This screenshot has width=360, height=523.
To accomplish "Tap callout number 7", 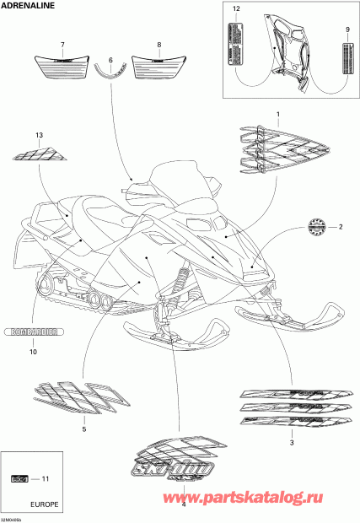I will click(x=62, y=44).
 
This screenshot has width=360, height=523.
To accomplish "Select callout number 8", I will click(x=159, y=44).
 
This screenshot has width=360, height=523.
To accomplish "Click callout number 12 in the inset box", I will click(x=236, y=8).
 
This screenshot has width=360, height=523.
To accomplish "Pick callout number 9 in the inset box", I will click(x=347, y=30).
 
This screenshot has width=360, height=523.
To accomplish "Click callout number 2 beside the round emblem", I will click(x=341, y=227).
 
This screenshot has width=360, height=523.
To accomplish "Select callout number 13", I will click(x=38, y=136).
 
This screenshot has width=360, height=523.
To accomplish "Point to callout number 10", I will click(x=33, y=352).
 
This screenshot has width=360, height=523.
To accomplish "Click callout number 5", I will click(x=83, y=429).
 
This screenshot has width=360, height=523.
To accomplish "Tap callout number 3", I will click(x=291, y=442).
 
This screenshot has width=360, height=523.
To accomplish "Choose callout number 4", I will click(x=183, y=504).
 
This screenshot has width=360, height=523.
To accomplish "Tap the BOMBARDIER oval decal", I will click(x=32, y=332).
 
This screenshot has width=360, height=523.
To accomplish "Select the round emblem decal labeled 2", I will click(x=315, y=225).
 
